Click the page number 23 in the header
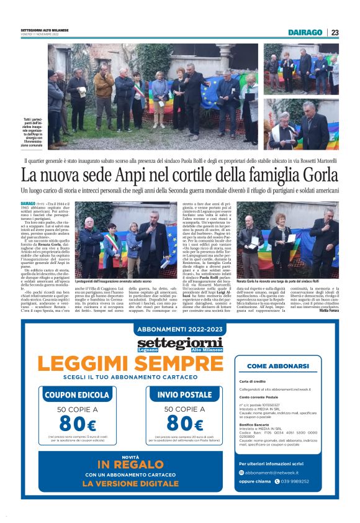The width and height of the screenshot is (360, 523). coord(335,32)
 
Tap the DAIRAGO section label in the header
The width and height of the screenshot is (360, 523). coord(305,32)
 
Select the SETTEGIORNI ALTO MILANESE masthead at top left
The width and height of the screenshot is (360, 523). coord(44,30)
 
